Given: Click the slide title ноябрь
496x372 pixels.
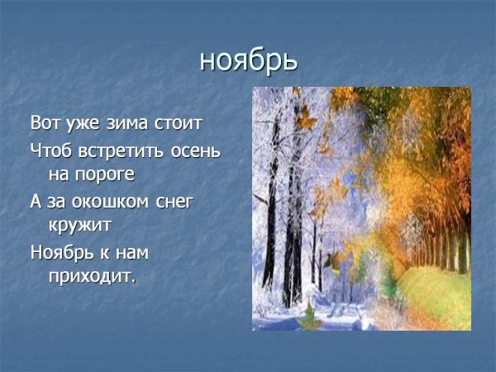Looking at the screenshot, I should coord(248,60).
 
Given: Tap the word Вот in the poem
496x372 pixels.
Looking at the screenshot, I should coord(46,125).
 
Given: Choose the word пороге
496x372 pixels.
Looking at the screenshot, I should coord(108,174).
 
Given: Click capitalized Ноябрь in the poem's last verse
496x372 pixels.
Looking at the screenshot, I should coord(65,250).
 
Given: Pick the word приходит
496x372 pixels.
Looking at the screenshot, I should coord(88,274).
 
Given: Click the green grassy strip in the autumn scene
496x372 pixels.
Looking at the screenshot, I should coord(430,289).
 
